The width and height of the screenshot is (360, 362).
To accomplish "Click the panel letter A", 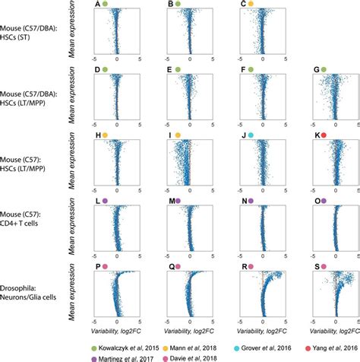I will pyautogui.click(x=96, y=5).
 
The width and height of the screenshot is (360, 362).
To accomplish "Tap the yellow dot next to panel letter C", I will pyautogui.click(x=251, y=5).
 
